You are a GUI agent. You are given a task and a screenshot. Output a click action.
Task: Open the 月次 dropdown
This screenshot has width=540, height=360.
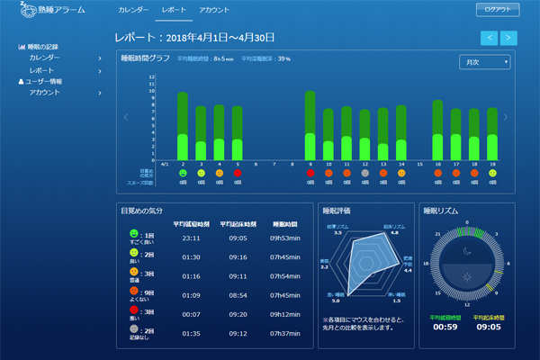(x=484, y=62)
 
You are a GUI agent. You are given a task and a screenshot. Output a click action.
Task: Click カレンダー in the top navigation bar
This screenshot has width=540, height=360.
(x=132, y=10)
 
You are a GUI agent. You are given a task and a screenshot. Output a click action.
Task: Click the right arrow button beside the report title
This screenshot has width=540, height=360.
(x=508, y=38)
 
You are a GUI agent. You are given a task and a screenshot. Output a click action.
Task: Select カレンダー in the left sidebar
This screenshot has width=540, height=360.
(x=45, y=58)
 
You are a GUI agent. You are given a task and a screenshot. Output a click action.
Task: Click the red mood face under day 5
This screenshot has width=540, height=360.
(x=238, y=173)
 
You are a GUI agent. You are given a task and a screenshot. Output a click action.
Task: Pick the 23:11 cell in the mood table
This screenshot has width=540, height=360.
(x=188, y=238)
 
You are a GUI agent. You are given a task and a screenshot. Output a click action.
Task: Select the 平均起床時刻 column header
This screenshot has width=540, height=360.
(x=238, y=223)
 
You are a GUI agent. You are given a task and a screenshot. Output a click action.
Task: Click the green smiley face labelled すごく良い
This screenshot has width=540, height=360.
(x=134, y=234)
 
